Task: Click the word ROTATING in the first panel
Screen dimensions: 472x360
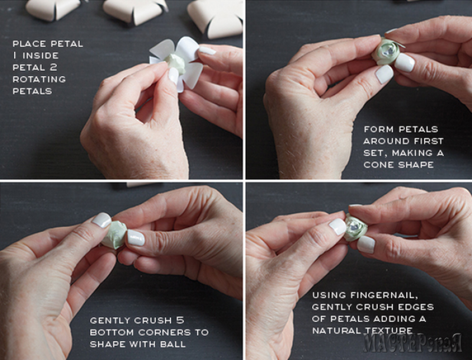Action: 39,79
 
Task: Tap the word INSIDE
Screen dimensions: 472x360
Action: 41,55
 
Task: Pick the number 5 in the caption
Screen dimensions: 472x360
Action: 180,320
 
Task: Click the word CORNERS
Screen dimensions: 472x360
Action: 165,332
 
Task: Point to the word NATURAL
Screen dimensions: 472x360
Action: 336,330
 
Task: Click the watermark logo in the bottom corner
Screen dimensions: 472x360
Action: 412,342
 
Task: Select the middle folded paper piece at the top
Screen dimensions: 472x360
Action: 135,11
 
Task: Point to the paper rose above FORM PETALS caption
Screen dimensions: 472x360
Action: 386,51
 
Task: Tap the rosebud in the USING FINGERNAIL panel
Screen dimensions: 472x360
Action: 355,227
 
